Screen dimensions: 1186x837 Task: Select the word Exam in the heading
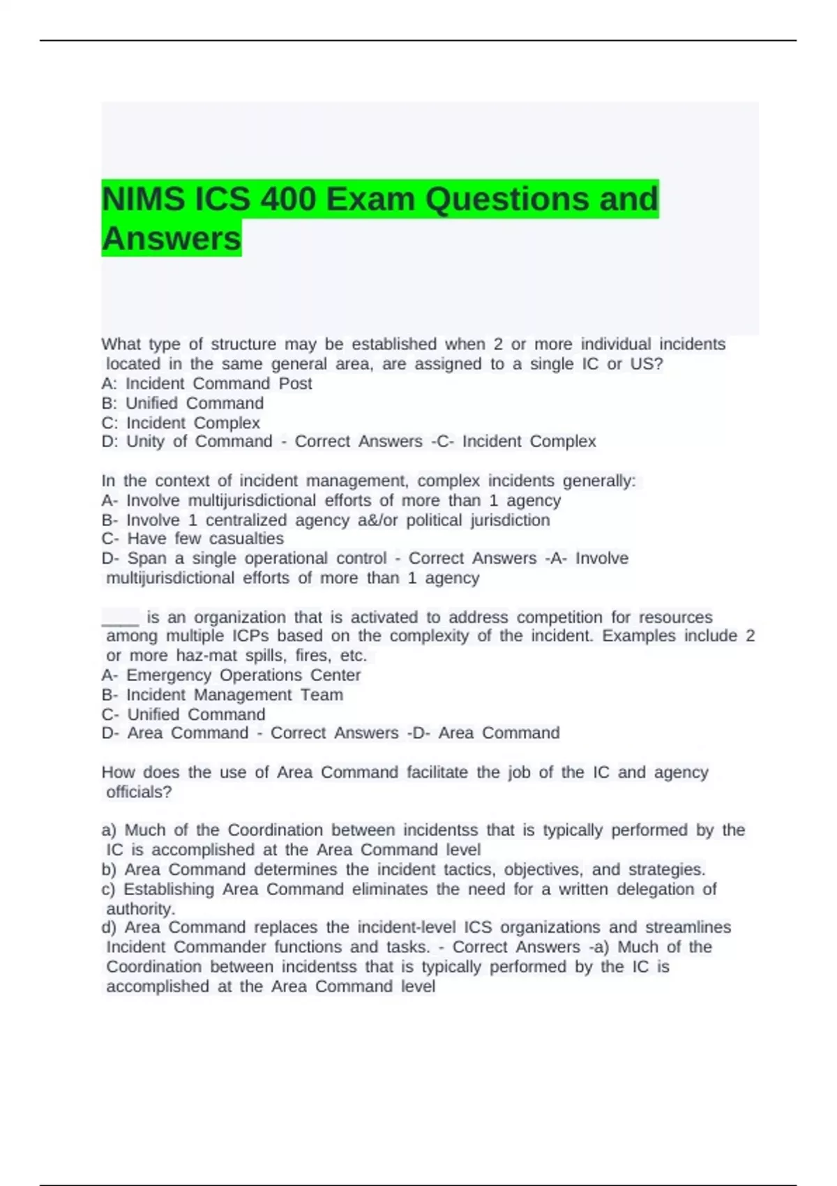click(370, 200)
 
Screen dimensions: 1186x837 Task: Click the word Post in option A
click(295, 384)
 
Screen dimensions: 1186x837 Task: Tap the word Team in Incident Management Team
click(322, 695)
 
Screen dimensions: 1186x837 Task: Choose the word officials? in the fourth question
click(139, 792)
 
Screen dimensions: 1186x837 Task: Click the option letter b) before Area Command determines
click(109, 870)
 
